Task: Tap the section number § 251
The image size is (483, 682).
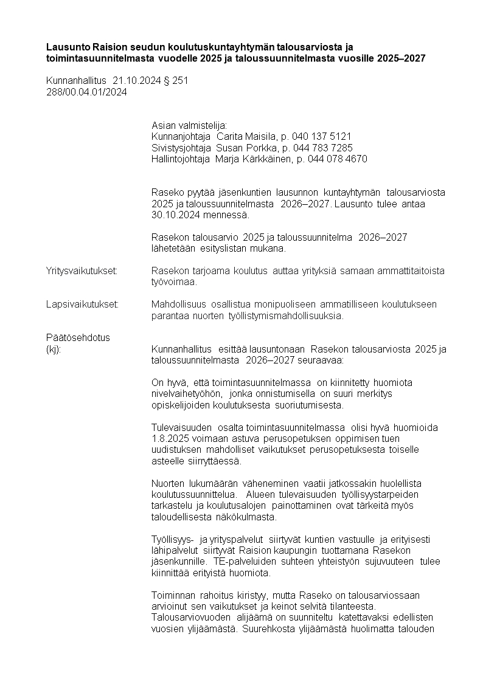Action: coord(176,80)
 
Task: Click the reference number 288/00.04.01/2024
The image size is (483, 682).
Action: coord(86,92)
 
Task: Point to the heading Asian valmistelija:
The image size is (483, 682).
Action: coord(189,125)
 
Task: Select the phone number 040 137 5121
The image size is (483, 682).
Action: coord(322,136)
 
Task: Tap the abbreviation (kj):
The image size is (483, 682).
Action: coord(54,349)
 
